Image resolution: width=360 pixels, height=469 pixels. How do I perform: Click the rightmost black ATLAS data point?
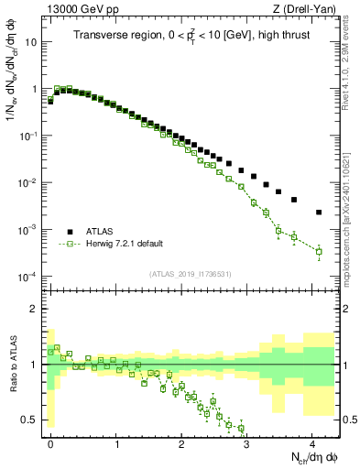(x=319, y=213)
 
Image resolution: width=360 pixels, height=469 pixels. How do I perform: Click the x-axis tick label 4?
(x=312, y=442)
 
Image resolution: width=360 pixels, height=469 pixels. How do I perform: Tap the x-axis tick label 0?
(x=50, y=442)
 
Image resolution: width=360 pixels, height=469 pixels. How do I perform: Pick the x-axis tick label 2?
(x=181, y=442)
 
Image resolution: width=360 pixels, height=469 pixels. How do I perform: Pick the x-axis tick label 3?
(x=247, y=442)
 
